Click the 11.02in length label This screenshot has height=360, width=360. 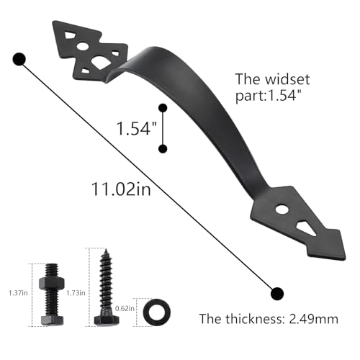coord(121,189)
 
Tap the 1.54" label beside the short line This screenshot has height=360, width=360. coord(136,128)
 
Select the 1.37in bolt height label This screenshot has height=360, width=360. coord(18,293)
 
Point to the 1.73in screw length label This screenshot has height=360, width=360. coord(76,293)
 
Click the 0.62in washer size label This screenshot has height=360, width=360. coord(125,308)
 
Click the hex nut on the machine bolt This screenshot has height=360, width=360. coord(52,283)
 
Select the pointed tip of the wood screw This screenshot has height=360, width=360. coord(106,250)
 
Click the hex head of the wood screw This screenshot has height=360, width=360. coord(107,320)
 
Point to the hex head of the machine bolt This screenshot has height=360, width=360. coord(52,320)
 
